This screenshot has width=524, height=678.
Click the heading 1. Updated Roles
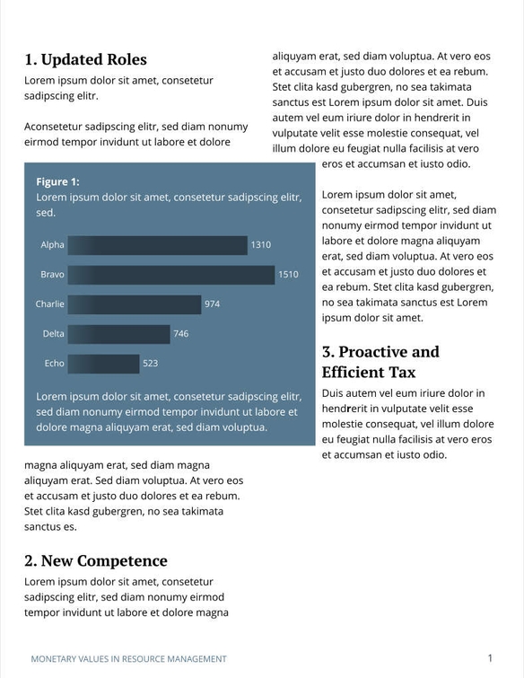click(x=85, y=60)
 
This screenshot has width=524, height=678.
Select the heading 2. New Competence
click(x=96, y=561)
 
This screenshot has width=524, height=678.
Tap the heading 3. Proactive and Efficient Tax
click(x=380, y=362)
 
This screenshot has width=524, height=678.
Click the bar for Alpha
click(x=157, y=245)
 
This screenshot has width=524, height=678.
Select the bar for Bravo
click(x=171, y=275)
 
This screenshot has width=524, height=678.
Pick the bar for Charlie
click(x=135, y=304)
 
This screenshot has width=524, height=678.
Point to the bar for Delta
click(x=119, y=334)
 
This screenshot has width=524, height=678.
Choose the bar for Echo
click(x=103, y=364)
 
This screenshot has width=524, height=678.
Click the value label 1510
click(x=288, y=275)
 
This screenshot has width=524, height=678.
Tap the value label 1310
click(x=260, y=245)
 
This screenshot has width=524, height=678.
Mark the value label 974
click(x=212, y=304)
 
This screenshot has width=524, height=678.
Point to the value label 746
click(x=181, y=334)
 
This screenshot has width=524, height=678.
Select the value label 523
click(x=150, y=364)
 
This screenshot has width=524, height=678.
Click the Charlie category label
click(x=50, y=304)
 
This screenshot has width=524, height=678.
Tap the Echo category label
click(x=54, y=364)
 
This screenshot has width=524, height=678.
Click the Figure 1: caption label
click(x=57, y=181)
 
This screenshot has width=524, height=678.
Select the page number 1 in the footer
click(x=490, y=658)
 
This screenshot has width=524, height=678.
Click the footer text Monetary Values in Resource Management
click(x=128, y=659)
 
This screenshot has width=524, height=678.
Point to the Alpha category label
click(x=53, y=245)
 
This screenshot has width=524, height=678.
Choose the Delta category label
click(x=54, y=334)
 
